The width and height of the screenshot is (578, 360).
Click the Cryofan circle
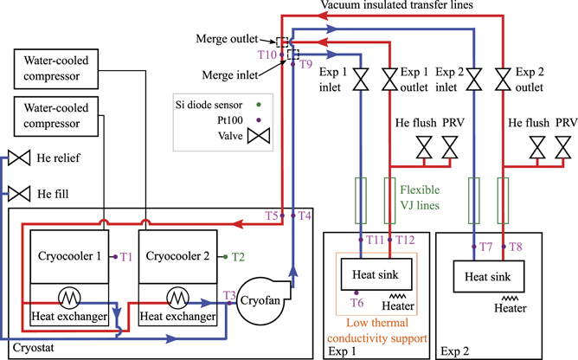[x=260, y=304]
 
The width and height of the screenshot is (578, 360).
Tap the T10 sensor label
[x=267, y=55]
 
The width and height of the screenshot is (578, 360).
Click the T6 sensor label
[x=356, y=302]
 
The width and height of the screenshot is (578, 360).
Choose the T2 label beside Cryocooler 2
[x=239, y=256]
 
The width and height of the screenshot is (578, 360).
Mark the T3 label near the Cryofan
[x=228, y=296]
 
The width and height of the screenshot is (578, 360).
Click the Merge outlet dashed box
[x=282, y=41]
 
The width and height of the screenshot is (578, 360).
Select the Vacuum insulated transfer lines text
[x=399, y=6]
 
